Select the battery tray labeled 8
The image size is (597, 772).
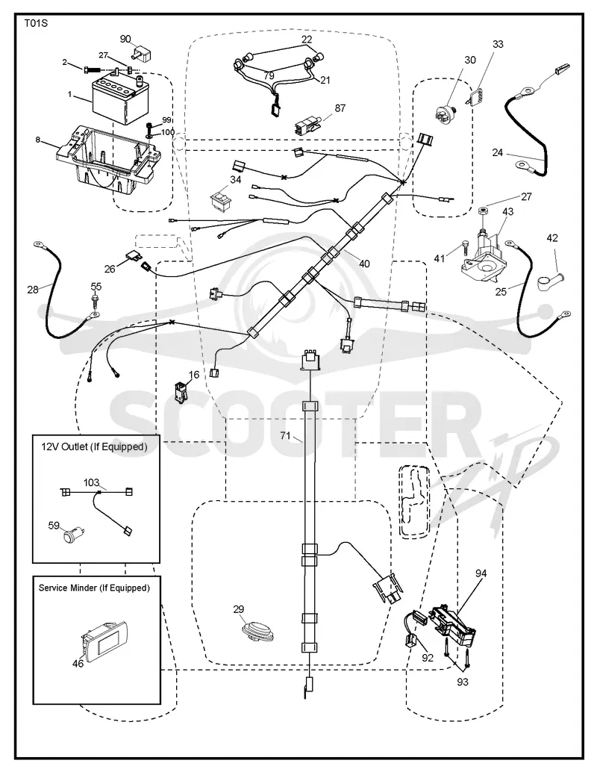[107, 159]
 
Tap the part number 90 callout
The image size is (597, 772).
[125, 39]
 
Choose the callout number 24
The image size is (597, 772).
[498, 152]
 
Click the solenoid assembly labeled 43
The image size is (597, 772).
[484, 258]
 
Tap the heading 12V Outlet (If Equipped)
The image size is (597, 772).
[94, 447]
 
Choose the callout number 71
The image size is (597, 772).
[286, 435]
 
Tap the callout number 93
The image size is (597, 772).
[462, 682]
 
